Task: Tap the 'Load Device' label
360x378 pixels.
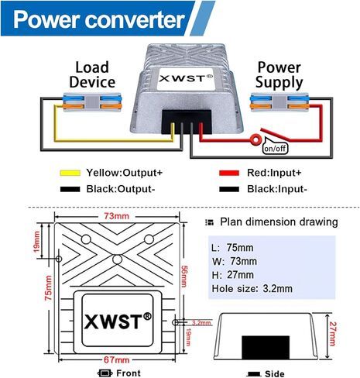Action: tap(91, 74)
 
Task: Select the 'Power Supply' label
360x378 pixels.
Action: tap(279, 74)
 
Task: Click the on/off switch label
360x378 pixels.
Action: tap(275, 148)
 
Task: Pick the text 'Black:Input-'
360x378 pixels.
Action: tap(267, 188)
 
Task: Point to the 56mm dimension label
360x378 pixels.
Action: tap(185, 273)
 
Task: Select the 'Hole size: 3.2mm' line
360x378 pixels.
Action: tap(252, 289)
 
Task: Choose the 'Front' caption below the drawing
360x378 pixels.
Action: tap(123, 373)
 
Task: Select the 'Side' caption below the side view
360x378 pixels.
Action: tap(273, 373)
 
